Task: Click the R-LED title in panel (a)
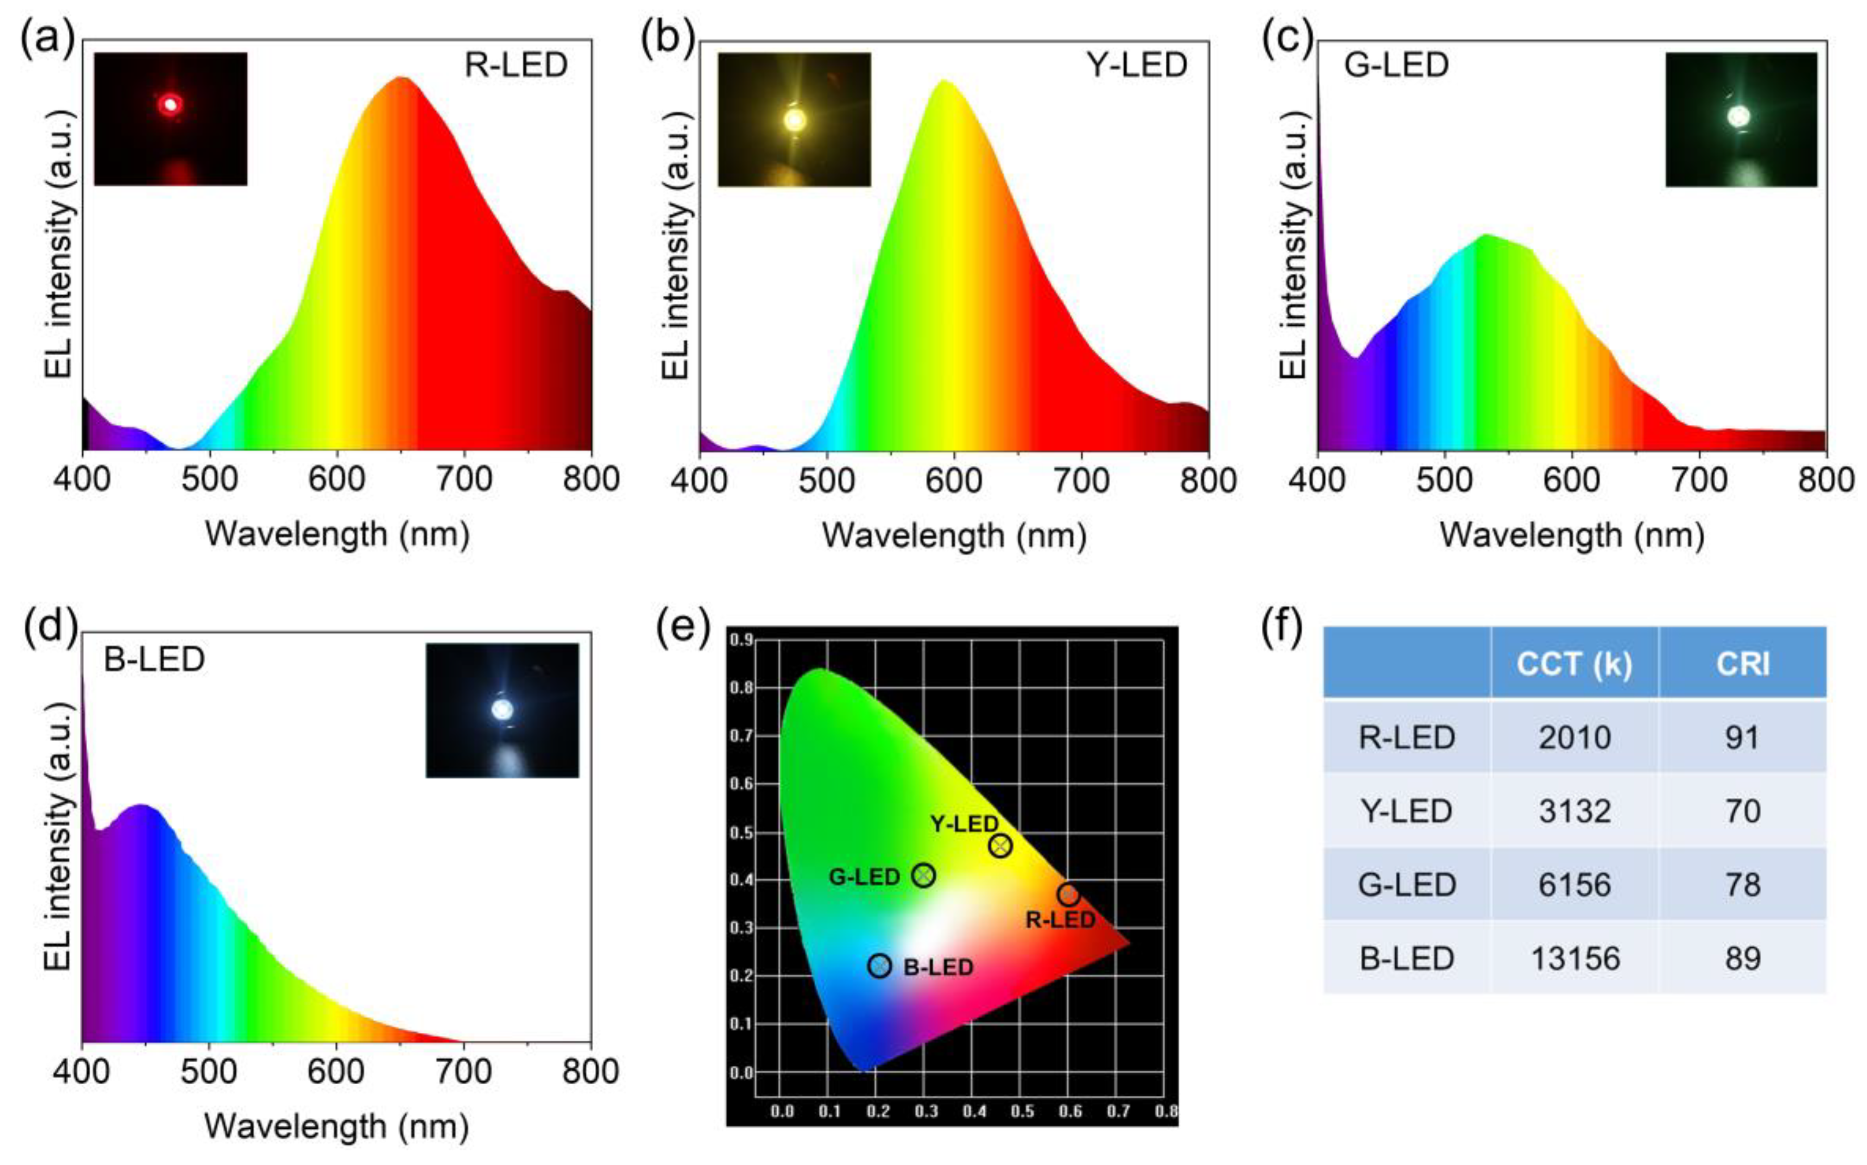tap(516, 66)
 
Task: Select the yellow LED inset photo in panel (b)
tap(794, 120)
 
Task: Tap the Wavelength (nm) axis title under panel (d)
tap(337, 1127)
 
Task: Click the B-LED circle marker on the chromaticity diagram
tap(880, 966)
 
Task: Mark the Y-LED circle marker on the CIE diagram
tap(1000, 846)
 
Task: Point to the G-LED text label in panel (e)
tap(864, 877)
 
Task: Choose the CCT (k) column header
tap(1574, 664)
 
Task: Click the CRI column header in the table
tap(1742, 664)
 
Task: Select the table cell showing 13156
tap(1574, 958)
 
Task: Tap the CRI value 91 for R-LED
tap(1742, 738)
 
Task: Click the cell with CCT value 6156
tap(1574, 884)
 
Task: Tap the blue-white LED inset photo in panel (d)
tap(502, 710)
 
